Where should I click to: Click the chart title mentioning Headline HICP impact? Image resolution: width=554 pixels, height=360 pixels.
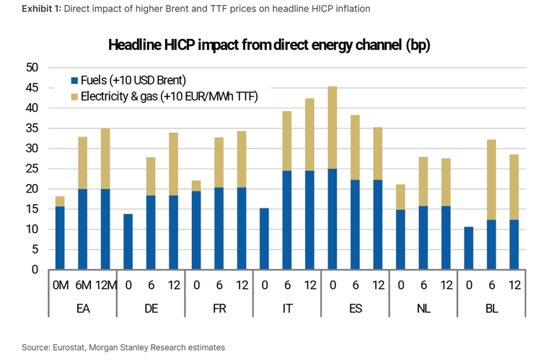[278, 45]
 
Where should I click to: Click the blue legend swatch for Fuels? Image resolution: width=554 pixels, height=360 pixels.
[74, 80]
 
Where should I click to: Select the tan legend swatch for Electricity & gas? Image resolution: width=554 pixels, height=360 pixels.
[74, 97]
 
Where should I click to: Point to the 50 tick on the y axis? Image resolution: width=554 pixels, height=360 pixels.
[32, 68]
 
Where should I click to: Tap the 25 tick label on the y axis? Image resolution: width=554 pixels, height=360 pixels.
[32, 169]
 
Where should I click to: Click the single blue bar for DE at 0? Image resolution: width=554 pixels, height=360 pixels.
[128, 242]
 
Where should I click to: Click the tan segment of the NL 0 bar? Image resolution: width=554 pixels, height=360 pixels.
[400, 197]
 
